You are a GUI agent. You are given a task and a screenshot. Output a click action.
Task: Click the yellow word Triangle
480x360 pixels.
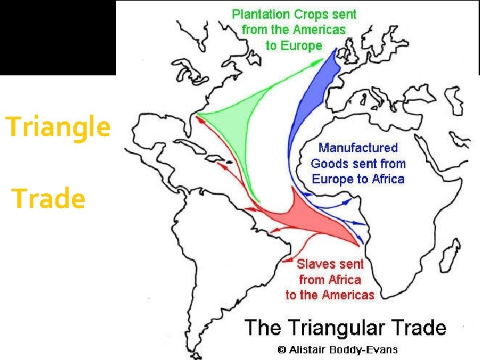57,127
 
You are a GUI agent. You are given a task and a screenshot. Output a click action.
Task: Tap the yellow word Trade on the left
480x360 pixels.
49,199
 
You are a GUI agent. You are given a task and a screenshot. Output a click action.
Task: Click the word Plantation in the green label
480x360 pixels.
260,14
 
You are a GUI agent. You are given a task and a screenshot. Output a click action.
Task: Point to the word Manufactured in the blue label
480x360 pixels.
358,148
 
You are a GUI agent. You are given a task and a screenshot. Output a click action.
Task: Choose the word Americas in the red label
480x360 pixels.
349,295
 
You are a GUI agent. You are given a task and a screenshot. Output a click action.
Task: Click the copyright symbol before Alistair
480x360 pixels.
281,349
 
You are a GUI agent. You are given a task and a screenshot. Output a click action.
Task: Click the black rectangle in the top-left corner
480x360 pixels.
57,37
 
